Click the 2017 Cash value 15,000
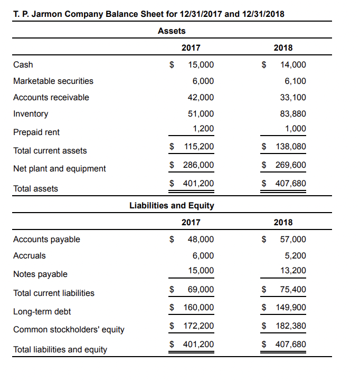coord(201,65)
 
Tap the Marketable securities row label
coord(53,81)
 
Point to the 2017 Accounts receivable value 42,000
coord(201,98)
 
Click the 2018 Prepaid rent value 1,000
coord(296,129)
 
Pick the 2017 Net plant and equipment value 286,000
coord(198,165)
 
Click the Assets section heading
coord(172,31)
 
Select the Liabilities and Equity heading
coord(172,205)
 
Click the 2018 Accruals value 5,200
coord(296,256)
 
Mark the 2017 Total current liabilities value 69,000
coord(201,290)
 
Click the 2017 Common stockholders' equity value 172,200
coord(198,326)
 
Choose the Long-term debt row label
coord(42,312)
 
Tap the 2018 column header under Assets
coord(283,48)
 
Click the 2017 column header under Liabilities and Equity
coord(191,223)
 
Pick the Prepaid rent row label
coord(36,132)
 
